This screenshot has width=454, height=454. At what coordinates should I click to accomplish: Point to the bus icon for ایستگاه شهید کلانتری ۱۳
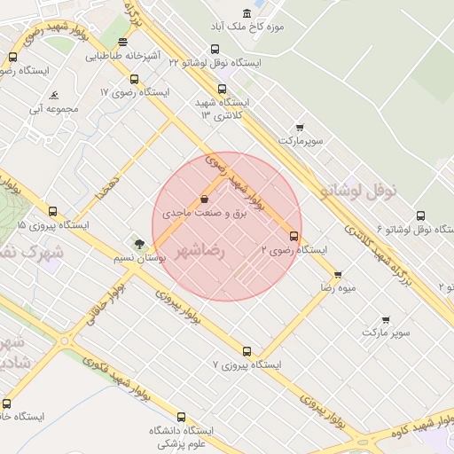point(222,89)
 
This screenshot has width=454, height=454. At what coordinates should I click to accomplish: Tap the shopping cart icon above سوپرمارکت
point(300,127)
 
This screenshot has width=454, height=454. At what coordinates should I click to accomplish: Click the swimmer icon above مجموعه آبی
point(55,95)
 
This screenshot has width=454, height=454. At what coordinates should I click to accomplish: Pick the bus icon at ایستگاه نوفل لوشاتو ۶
point(420,215)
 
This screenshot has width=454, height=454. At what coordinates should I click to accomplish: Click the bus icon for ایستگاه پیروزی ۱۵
point(52,211)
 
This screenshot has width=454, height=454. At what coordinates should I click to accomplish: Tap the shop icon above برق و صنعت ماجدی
point(205,199)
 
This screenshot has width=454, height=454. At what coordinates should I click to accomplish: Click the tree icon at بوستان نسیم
point(138,244)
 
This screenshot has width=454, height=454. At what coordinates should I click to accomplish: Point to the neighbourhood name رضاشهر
point(201,251)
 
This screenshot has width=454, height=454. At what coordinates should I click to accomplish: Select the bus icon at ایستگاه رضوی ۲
point(294,235)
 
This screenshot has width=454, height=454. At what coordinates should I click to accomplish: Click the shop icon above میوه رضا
point(338,274)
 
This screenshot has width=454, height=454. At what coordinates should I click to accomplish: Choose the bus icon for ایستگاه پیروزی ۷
point(247,351)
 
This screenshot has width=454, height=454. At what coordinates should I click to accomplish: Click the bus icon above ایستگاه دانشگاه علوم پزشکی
point(182,417)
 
